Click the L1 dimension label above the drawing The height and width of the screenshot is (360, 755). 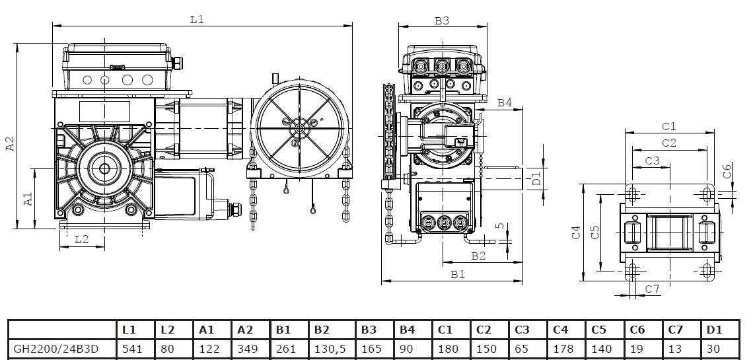coord(197,19)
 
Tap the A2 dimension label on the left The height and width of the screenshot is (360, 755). coord(10,144)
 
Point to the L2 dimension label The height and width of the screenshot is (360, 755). coord(81,239)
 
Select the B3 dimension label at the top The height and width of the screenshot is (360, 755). coord(442,20)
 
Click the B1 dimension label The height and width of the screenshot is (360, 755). coord(457,273)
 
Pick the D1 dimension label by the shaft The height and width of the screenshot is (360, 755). coord(536,176)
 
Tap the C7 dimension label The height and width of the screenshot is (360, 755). coord(653,289)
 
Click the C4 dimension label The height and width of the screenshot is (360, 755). coord(576,232)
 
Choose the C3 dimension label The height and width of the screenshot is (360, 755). coord(652,160)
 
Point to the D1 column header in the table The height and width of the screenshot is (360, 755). coord(715,329)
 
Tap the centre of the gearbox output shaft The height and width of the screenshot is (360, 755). coord(104,168)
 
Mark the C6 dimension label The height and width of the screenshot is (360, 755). coord(727,172)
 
